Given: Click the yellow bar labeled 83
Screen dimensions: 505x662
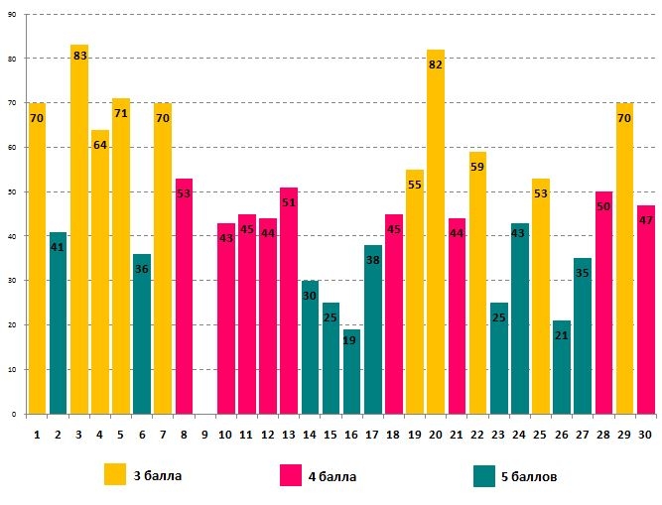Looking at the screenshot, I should click(79, 229).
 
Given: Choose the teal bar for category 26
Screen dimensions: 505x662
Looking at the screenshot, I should click(562, 367).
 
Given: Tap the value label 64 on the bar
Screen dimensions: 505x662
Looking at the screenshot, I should click(100, 145).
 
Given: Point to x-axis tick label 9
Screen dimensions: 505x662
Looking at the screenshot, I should click(204, 434).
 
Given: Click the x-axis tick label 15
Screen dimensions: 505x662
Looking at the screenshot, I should click(331, 434).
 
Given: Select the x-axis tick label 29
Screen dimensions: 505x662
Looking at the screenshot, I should click(624, 434).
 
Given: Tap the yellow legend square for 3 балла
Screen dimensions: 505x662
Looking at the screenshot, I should click(115, 475).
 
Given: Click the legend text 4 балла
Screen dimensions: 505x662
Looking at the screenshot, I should click(331, 477).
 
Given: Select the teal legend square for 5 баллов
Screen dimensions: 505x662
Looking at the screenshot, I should click(483, 475).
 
